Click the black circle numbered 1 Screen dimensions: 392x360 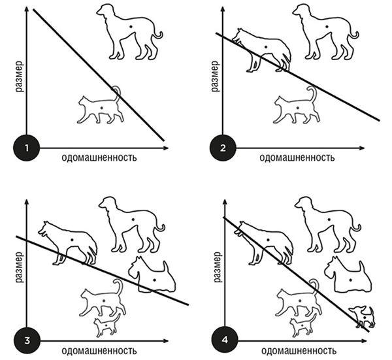click(27, 148)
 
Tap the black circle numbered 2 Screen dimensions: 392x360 click(223, 148)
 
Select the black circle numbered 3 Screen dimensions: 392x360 click(27, 340)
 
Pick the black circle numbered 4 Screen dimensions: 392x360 click(225, 340)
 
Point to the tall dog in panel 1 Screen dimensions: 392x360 click(129, 32)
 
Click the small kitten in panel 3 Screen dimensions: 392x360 click(107, 325)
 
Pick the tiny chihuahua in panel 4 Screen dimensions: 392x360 click(363, 316)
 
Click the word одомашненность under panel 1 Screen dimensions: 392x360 click(99, 157)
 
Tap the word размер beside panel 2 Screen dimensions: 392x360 click(215, 76)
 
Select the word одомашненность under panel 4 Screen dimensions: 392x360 click(299, 351)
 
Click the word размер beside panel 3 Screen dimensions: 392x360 click(20, 267)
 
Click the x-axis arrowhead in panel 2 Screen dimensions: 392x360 click(363, 148)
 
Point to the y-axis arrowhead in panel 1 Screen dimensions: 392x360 click(27, 10)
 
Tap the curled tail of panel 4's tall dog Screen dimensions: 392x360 click(356, 227)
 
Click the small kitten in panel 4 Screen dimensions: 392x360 click(303, 325)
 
